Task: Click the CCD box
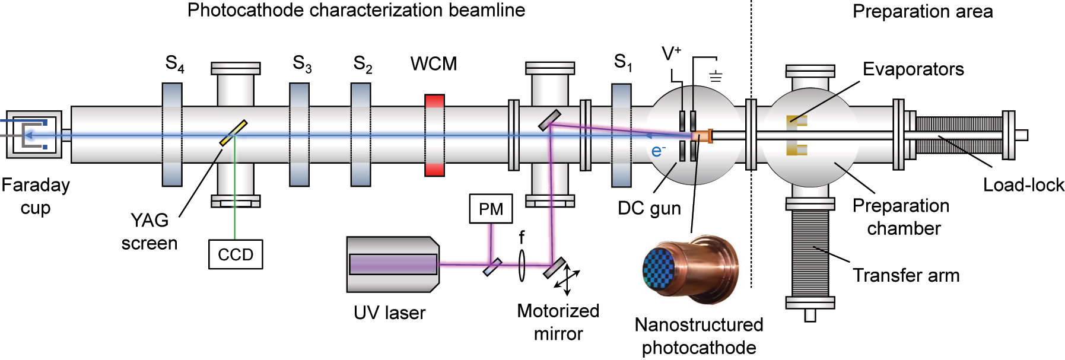(x=235, y=254)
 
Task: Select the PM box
(x=491, y=209)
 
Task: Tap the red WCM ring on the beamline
(x=434, y=135)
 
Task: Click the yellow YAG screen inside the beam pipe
(x=233, y=133)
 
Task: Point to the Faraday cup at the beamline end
(x=33, y=135)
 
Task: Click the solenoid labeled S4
(x=172, y=135)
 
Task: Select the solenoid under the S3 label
(x=299, y=135)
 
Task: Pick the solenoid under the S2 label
(x=360, y=135)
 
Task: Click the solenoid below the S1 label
(x=621, y=135)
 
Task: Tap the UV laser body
(x=393, y=265)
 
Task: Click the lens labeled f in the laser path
(x=522, y=265)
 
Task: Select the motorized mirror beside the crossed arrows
(x=554, y=267)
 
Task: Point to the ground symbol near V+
(x=716, y=76)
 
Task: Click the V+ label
(x=671, y=54)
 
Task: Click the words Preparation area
(x=922, y=11)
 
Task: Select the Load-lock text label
(x=1023, y=185)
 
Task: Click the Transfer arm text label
(x=905, y=275)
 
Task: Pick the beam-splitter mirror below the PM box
(x=492, y=267)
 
